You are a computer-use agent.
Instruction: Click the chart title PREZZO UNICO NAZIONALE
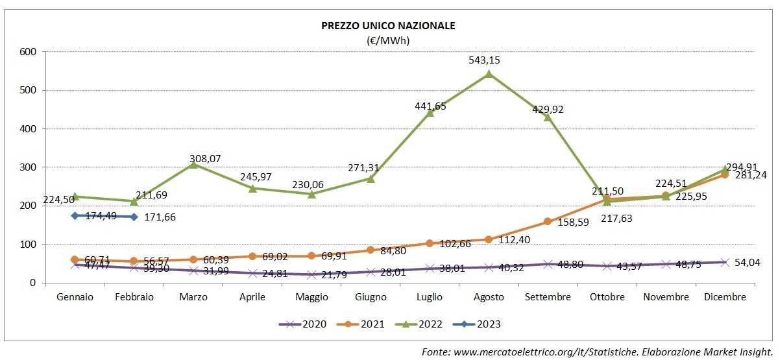click(x=388, y=26)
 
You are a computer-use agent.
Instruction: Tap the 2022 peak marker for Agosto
click(x=489, y=74)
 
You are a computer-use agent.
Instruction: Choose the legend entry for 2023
click(x=480, y=324)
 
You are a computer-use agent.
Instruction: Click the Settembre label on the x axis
click(x=548, y=297)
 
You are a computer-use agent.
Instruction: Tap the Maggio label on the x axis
click(x=311, y=297)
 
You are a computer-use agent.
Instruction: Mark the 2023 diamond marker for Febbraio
click(x=134, y=217)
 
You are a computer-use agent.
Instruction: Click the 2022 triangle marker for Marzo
click(x=193, y=165)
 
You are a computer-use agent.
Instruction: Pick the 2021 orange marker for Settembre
click(x=548, y=222)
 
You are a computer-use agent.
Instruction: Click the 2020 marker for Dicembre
click(x=725, y=262)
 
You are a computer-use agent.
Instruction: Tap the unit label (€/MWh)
click(x=388, y=40)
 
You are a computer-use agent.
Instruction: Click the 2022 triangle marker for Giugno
click(x=371, y=178)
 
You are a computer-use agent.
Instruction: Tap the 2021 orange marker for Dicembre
click(x=725, y=174)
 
